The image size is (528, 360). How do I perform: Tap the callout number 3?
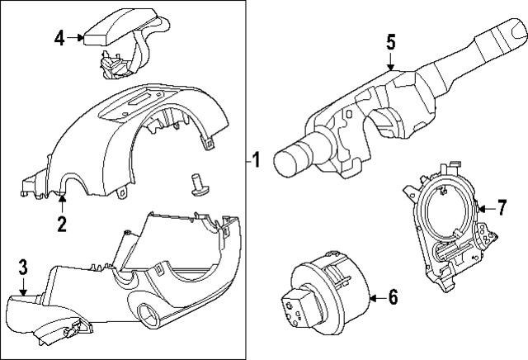coord(23,266)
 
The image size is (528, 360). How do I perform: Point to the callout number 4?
coord(59,36)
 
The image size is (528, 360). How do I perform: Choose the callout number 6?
coord(393,296)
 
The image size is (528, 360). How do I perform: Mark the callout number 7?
coord(500,206)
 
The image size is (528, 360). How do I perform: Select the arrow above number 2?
coord(61,200)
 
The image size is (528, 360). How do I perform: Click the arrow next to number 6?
coord(375,296)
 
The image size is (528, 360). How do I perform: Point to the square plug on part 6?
coord(295,309)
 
